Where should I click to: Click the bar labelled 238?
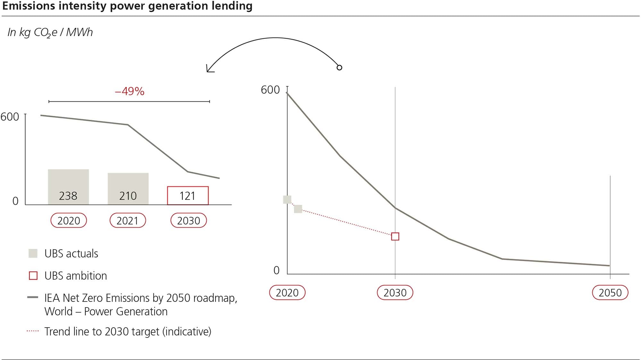(x=68, y=187)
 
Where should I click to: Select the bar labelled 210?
(x=128, y=189)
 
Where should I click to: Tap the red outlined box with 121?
(x=188, y=195)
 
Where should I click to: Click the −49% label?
(x=129, y=92)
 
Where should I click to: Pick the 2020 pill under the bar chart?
(x=69, y=220)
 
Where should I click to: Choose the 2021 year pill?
(x=128, y=220)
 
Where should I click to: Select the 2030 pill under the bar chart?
(x=188, y=220)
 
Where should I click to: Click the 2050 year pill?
(x=610, y=292)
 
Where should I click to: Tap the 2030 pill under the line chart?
(x=395, y=292)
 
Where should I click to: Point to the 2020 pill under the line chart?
(x=287, y=292)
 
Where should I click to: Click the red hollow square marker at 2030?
(x=395, y=236)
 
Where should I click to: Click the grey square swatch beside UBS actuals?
(x=33, y=253)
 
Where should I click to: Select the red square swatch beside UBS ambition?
(x=33, y=275)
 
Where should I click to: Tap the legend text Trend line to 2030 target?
(x=128, y=331)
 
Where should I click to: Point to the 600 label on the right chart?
(x=270, y=90)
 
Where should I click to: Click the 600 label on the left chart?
(x=10, y=117)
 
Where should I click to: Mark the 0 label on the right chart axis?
(x=276, y=271)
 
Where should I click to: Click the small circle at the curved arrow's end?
(x=339, y=68)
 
